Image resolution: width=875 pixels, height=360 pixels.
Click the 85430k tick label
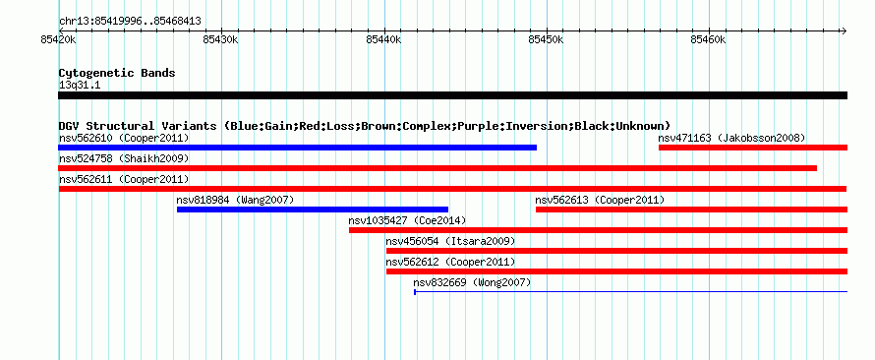[x=221, y=39]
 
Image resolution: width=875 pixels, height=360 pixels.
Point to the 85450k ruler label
[x=547, y=39]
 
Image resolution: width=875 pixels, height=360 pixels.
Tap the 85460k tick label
[x=709, y=39]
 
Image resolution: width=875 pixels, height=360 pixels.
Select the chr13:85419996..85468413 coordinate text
[x=130, y=22]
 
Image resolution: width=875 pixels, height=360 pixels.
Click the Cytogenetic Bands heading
[x=117, y=73]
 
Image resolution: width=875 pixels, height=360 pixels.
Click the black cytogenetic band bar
[x=452, y=95]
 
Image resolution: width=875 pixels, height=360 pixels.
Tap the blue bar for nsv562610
[x=298, y=148]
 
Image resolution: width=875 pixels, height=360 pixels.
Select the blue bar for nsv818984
[x=313, y=210]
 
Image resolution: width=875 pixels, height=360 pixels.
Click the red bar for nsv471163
[x=753, y=148]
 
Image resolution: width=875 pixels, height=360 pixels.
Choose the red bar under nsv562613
[x=691, y=210]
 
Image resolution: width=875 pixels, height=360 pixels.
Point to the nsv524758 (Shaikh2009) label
[x=124, y=158]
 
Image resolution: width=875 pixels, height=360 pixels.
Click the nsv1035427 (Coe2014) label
[x=407, y=220]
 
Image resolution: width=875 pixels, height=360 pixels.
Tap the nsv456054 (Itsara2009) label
[x=450, y=241]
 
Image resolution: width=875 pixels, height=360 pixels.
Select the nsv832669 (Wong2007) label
[x=472, y=282]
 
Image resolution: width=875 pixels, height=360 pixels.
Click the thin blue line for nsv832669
[x=630, y=291]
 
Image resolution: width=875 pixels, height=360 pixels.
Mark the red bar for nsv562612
[x=616, y=271]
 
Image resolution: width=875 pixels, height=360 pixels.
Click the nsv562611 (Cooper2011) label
[x=124, y=179]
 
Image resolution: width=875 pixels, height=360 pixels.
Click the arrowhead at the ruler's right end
[x=844, y=30]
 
